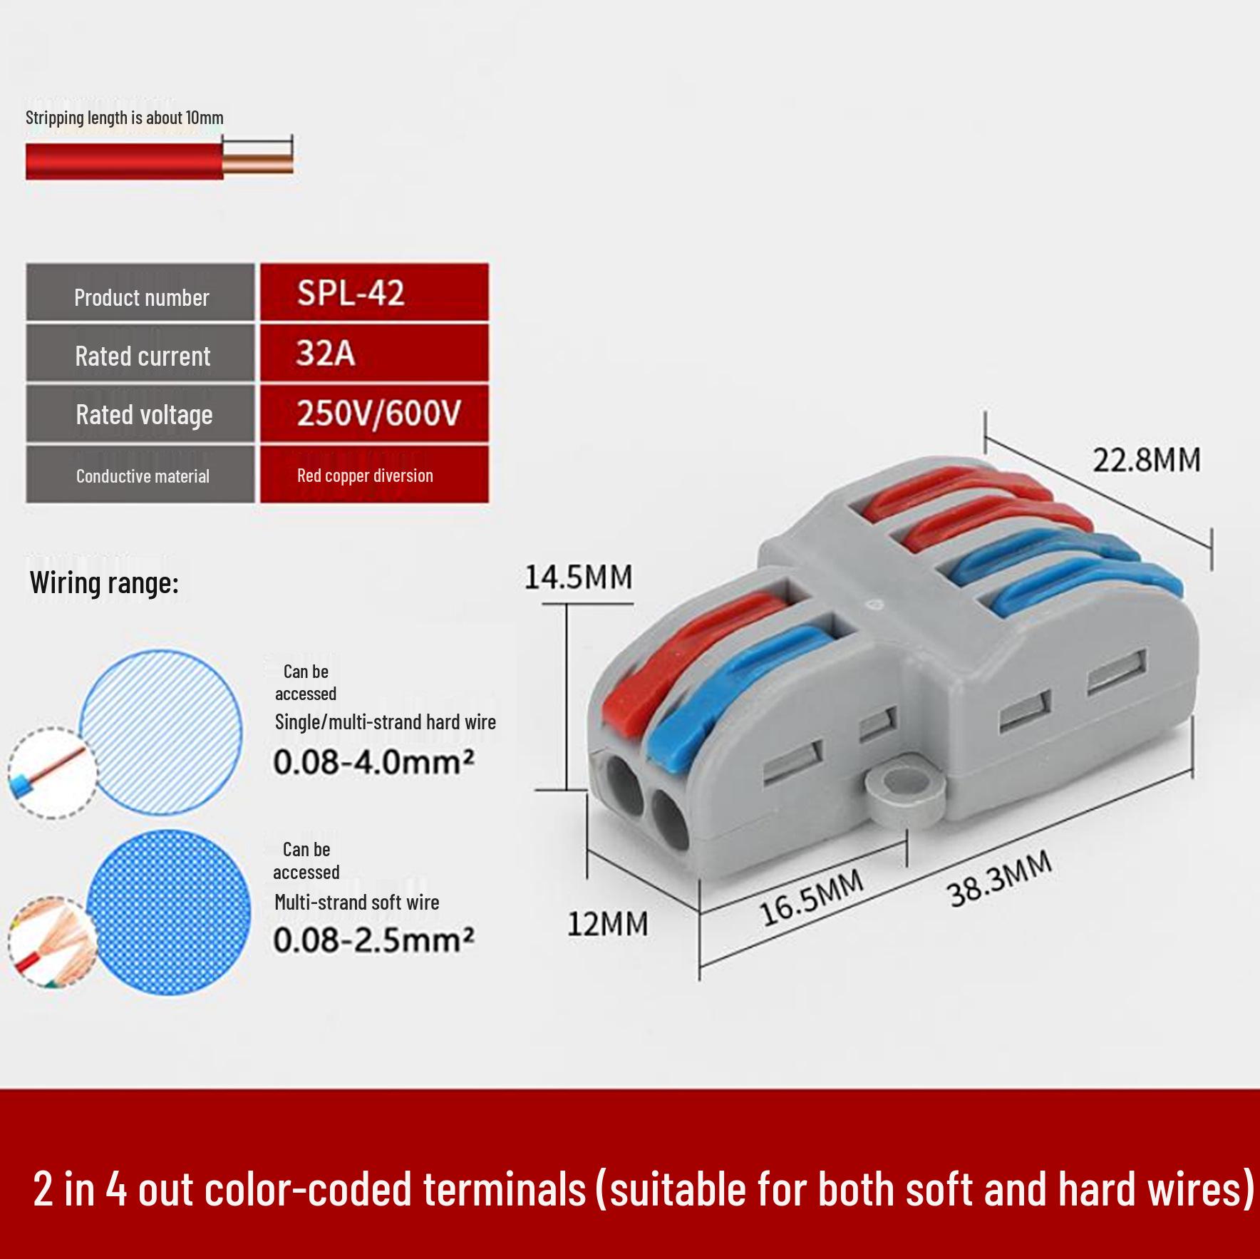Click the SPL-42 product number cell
tap(374, 292)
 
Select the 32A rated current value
tap(374, 352)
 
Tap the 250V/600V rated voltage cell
tap(374, 413)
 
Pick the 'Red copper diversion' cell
tap(374, 474)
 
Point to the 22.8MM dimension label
tap(1147, 460)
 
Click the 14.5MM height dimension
tap(578, 577)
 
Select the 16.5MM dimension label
tap(812, 898)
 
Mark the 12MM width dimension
tap(607, 924)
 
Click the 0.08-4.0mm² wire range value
tap(373, 762)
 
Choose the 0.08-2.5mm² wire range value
tap(373, 940)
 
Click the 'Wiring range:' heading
tap(104, 583)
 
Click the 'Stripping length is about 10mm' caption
tap(125, 118)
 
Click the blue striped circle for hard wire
tap(160, 731)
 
